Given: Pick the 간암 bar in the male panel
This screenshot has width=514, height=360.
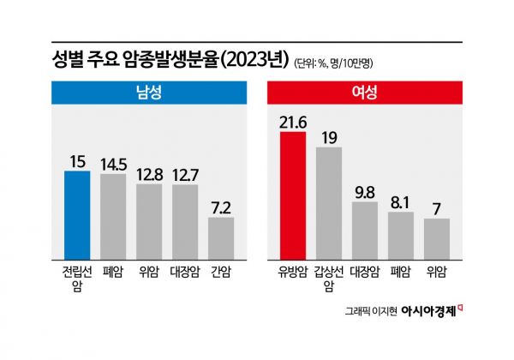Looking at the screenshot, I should click(221, 237).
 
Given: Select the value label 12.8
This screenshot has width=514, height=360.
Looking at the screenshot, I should click(149, 173).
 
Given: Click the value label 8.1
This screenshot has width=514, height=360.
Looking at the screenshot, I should click(401, 201).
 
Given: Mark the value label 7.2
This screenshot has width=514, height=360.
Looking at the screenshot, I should click(221, 207).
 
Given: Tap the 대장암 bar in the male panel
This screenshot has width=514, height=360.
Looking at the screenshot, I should click(185, 221).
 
